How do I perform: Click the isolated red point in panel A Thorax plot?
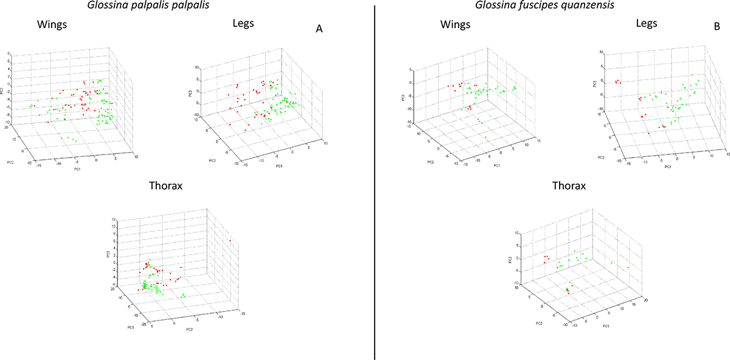pos(231,241)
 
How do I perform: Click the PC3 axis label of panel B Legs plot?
pos(595,77)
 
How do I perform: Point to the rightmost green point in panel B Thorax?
pos(628,267)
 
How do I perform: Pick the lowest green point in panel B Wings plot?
pos(487,137)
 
